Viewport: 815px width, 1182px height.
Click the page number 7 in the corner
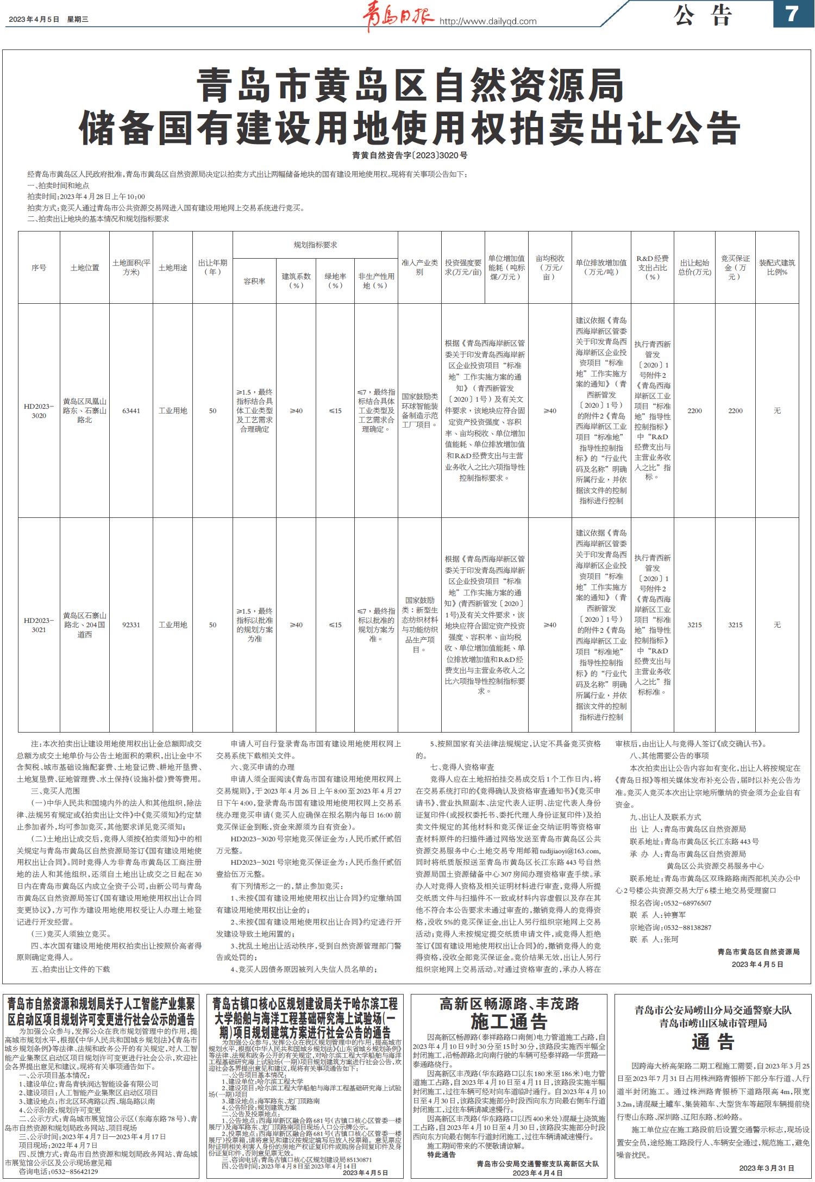coord(792,14)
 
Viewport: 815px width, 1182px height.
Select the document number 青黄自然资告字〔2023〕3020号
coord(409,155)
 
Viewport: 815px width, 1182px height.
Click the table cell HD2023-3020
coord(39,411)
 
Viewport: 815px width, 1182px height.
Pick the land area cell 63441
coord(131,411)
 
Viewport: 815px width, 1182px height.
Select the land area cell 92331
coord(131,625)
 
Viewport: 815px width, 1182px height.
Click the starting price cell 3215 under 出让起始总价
coord(694,625)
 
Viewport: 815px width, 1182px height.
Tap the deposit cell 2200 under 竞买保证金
coord(735,411)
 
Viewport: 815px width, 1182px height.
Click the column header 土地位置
coord(85,268)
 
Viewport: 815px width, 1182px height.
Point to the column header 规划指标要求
coord(315,245)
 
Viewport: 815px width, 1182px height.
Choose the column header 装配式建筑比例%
coord(777,267)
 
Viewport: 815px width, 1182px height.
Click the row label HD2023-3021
coord(39,625)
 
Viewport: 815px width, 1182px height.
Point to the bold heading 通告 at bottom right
coord(713,1042)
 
